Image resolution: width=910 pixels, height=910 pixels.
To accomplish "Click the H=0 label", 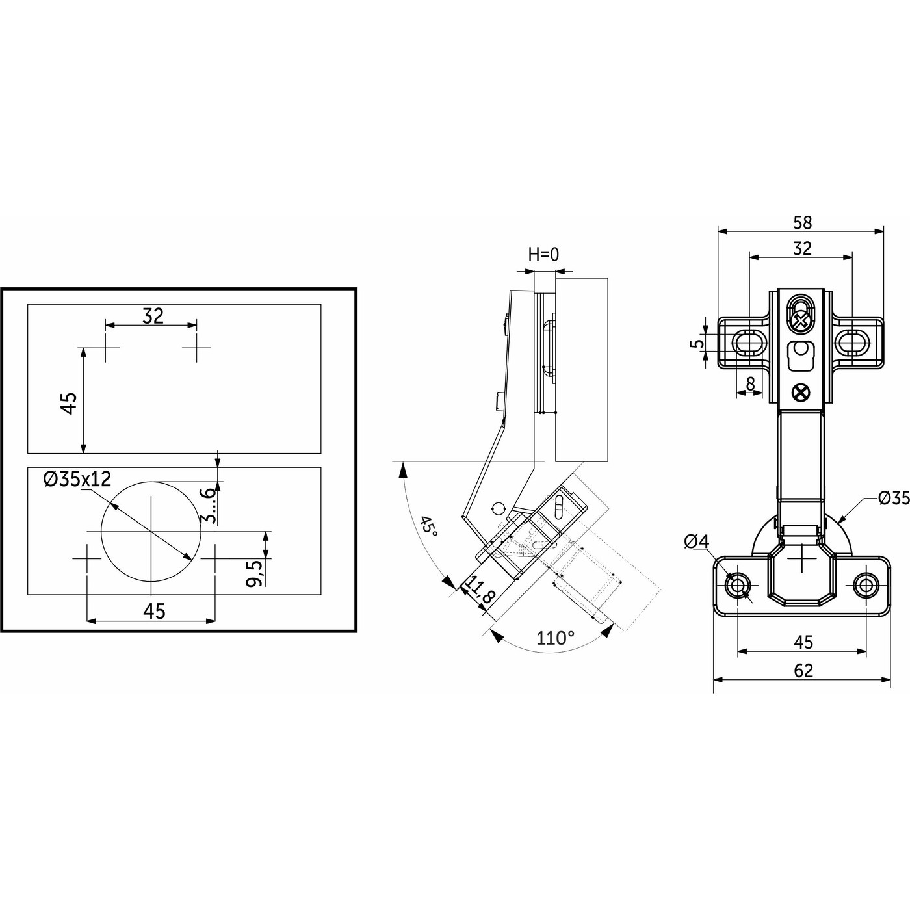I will click(543, 254).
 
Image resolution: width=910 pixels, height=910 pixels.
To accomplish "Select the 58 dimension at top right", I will click(803, 222).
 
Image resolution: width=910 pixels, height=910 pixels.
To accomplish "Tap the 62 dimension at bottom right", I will click(803, 670).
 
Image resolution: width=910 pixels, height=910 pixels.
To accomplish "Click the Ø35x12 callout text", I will click(77, 480).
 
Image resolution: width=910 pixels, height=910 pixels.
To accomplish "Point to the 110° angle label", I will click(555, 638).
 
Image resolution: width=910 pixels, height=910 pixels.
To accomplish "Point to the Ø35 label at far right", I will click(892, 499).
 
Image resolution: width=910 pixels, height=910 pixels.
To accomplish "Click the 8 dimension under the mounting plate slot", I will click(751, 384).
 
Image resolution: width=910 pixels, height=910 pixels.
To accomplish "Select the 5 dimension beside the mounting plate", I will click(699, 343).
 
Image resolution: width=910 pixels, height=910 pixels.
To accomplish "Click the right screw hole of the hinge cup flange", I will click(865, 586).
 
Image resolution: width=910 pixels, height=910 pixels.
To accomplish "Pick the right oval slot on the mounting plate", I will click(852, 343).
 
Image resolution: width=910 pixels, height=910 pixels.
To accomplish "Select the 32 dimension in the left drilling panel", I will click(153, 316).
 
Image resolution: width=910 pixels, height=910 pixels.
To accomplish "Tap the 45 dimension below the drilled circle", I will click(154, 611).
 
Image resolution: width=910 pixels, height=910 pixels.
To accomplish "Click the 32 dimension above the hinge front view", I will click(803, 248).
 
